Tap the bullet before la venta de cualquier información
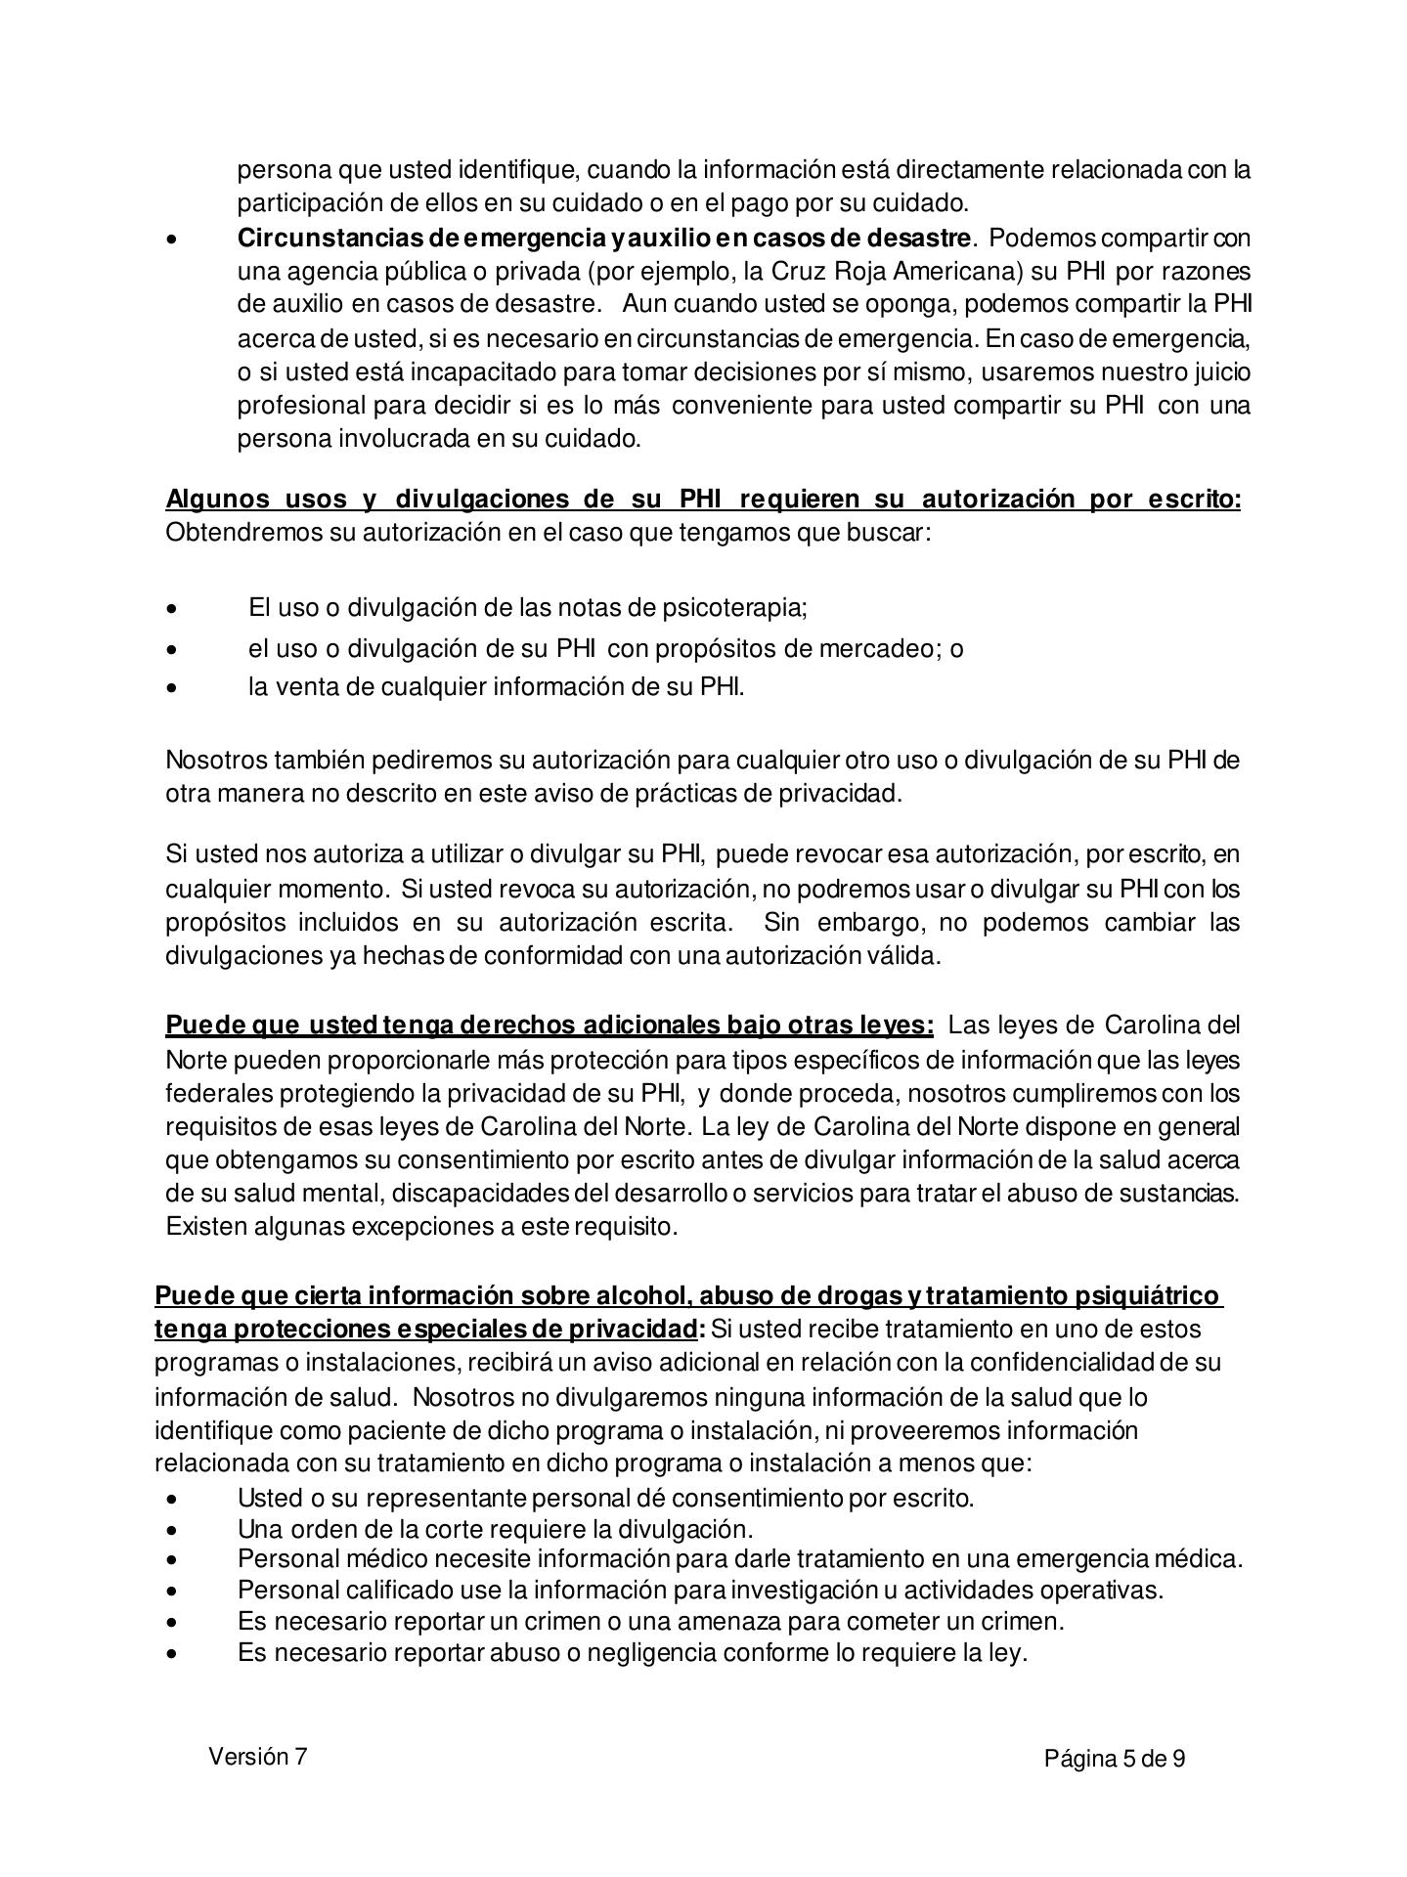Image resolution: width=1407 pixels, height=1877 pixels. (x=173, y=687)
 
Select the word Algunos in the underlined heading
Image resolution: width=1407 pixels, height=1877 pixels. (x=217, y=499)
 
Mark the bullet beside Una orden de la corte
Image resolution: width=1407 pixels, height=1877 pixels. (x=173, y=1529)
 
